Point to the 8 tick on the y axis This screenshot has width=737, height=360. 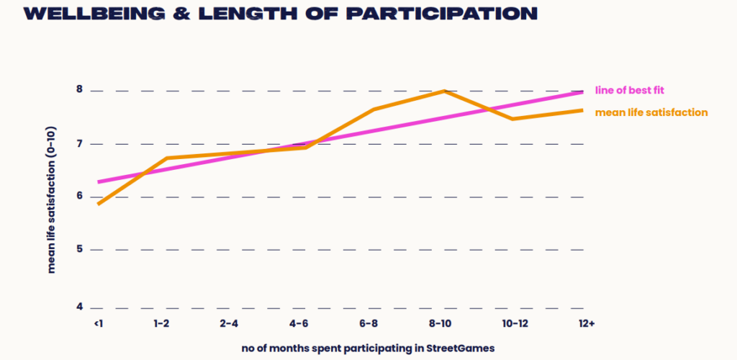point(80,90)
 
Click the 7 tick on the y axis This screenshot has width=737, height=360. point(80,144)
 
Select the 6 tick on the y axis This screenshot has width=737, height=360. point(80,197)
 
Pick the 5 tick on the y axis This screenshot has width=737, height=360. point(80,250)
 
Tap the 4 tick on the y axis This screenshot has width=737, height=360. point(80,307)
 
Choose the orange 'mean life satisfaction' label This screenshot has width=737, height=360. point(651,112)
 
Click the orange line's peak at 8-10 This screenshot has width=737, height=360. point(444,91)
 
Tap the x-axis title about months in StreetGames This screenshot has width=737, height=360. point(368,348)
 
